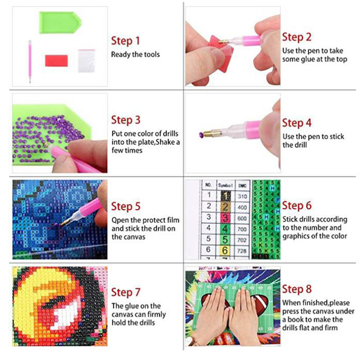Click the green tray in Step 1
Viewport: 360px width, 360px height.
[60, 23]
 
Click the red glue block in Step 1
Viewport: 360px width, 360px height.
[56, 61]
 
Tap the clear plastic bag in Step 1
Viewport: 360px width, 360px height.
[86, 61]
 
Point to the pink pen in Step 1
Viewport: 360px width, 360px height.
[30, 61]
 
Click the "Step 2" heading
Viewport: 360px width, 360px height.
[297, 37]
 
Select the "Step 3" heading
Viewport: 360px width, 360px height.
[126, 120]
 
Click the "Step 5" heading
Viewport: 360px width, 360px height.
[126, 206]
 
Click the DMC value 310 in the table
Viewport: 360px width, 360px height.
[242, 196]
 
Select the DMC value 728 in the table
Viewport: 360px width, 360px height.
[242, 251]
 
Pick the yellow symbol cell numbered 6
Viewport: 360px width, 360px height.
[225, 250]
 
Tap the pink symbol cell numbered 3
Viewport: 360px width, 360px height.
[225, 218]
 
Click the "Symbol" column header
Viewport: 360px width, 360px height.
[226, 185]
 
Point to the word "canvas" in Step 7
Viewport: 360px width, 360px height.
[123, 314]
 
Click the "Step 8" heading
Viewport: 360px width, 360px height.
[297, 289]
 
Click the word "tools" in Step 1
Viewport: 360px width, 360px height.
[152, 54]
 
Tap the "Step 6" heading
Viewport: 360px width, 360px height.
[297, 206]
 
